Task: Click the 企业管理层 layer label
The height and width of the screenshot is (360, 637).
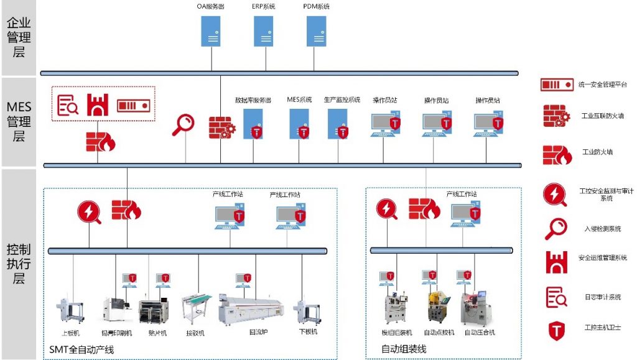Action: click(19, 37)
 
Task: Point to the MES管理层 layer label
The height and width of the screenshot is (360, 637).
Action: click(19, 121)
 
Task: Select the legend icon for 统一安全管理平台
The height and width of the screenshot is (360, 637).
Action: click(556, 85)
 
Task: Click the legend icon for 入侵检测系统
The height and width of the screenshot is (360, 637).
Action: click(556, 229)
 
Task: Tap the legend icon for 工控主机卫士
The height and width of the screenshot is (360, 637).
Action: click(556, 330)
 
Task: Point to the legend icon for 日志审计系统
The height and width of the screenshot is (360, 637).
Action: click(556, 297)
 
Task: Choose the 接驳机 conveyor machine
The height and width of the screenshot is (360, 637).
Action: click(196, 309)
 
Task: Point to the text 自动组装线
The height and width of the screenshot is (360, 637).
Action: click(404, 349)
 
